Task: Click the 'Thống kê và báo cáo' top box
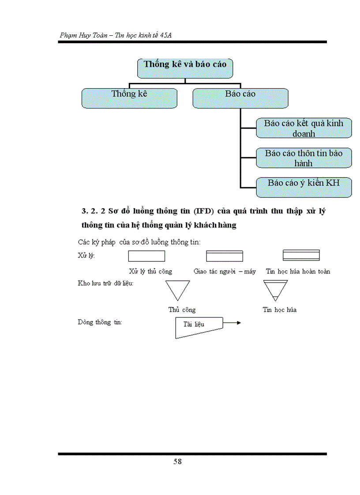pos(185,68)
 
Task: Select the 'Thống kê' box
pos(129,98)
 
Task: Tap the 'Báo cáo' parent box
pos(240,98)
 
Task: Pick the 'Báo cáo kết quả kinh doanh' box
pos(304,128)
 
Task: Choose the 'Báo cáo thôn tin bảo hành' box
pos(304,158)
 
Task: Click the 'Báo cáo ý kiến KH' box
pos(304,187)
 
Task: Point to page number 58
pos(177,462)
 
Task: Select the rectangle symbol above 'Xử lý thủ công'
pos(146,256)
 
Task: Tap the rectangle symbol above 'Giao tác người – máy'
pos(225,256)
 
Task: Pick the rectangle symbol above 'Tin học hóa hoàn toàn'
pos(301,255)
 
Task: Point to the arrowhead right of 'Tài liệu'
pos(239,323)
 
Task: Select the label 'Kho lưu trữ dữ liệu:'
pos(105,283)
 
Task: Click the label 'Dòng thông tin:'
pos(100,322)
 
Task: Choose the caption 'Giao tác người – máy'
pos(225,272)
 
